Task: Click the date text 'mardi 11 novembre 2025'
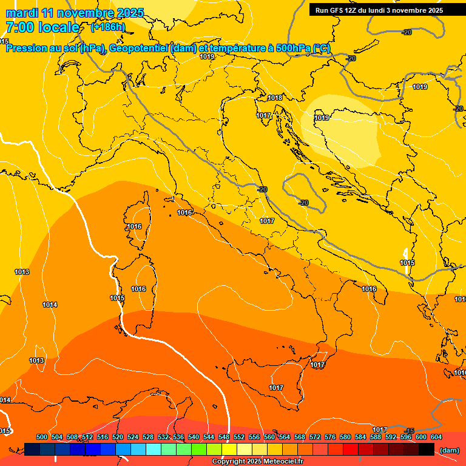(75, 13)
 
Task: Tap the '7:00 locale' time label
(42, 27)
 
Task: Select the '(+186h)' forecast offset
(108, 27)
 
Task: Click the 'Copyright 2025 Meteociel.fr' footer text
(257, 462)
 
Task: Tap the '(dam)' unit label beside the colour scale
(449, 450)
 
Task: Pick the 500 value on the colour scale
(42, 437)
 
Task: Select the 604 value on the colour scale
(436, 437)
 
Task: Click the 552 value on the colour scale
(239, 437)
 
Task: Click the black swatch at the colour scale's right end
(427, 449)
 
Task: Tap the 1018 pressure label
(275, 98)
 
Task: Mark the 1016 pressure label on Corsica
(134, 226)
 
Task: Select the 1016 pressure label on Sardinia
(138, 289)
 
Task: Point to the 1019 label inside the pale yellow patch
(322, 118)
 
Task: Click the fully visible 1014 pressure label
(50, 305)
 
